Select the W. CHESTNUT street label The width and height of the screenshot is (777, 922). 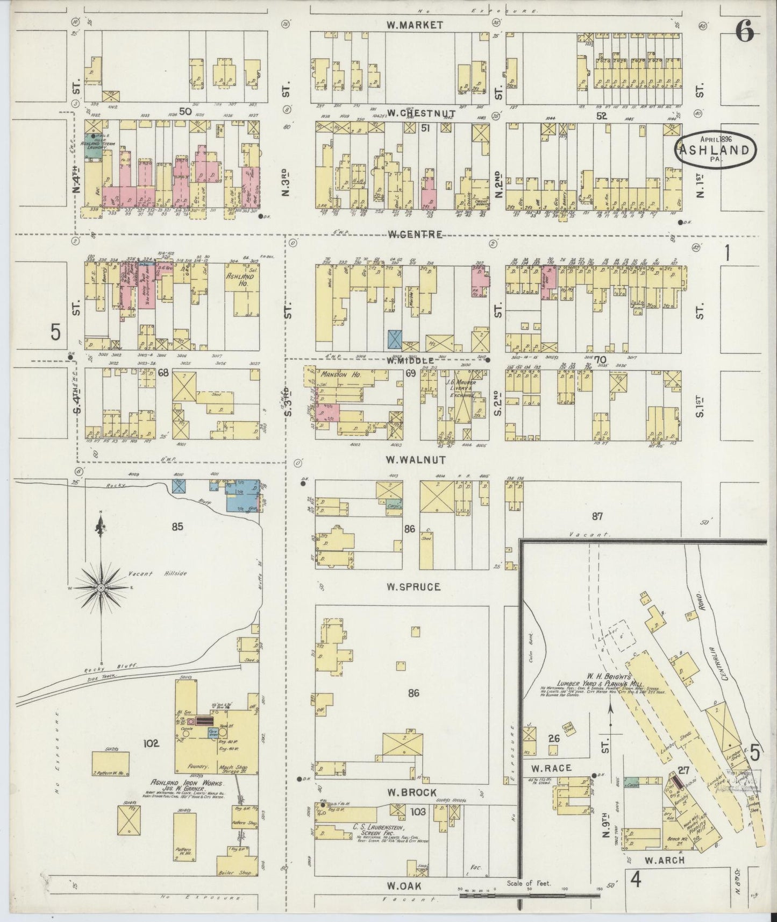410,113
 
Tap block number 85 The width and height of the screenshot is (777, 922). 177,526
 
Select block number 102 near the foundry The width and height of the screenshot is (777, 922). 152,744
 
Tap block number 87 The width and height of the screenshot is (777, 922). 597,516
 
